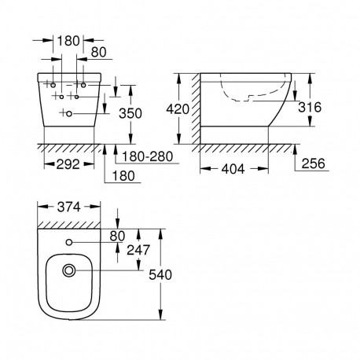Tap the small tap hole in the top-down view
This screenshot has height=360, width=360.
point(69,241)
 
